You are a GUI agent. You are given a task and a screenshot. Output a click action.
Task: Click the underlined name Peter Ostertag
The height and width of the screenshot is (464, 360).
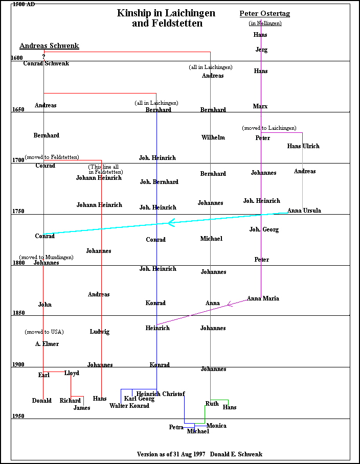264,13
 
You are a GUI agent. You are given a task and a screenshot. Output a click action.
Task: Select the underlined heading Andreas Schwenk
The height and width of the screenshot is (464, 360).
49,46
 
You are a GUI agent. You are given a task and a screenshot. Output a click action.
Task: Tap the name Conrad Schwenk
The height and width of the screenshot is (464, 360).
46,63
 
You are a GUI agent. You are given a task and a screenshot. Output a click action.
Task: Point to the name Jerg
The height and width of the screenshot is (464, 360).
261,50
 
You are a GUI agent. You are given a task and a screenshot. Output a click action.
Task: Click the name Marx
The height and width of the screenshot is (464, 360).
260,106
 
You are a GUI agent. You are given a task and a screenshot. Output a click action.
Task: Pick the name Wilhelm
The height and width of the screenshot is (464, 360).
213,137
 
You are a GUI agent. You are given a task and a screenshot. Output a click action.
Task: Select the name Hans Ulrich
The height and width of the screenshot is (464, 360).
303,146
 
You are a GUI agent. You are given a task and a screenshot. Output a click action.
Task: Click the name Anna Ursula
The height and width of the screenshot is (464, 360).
304,211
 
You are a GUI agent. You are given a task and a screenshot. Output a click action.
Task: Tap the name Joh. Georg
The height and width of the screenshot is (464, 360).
264,229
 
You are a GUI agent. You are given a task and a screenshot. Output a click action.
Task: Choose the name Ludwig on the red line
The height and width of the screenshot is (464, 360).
99,332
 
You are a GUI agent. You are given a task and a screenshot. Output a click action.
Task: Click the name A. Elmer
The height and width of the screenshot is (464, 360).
47,344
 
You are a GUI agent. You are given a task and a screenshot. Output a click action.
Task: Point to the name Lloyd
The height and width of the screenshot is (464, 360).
72,373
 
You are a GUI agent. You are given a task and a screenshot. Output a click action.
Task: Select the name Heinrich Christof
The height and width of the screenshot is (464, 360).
160,394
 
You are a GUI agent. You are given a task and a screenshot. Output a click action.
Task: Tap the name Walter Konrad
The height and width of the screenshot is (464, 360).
129,406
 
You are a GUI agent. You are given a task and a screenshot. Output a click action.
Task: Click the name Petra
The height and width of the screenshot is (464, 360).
176,427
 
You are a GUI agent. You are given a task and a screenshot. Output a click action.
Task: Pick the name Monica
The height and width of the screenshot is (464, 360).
216,426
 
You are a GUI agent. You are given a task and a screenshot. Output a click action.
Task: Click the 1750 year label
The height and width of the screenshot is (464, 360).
18,211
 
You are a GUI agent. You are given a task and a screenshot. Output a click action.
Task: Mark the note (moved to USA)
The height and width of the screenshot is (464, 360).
44,332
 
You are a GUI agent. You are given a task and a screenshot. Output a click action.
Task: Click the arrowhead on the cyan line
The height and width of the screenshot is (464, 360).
171,222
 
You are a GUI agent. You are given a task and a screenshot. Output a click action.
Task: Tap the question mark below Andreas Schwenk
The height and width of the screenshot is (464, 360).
43,56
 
